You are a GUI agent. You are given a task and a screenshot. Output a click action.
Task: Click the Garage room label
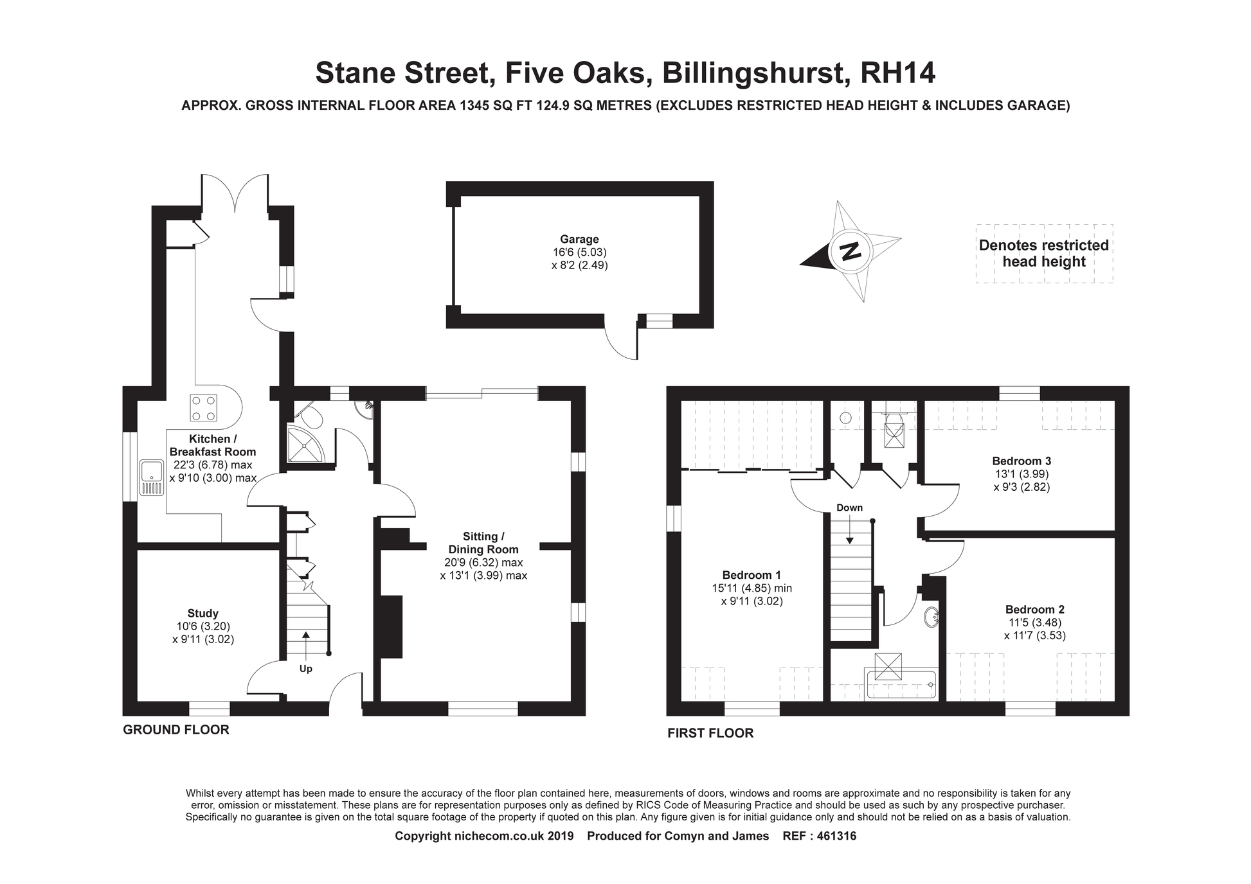click(x=579, y=240)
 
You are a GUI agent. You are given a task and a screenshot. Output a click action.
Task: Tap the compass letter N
click(x=851, y=251)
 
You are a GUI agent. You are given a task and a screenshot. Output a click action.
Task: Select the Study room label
click(x=203, y=614)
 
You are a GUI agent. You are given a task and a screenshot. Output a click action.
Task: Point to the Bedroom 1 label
click(x=751, y=575)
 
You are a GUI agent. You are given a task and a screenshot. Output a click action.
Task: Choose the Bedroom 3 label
click(x=1022, y=461)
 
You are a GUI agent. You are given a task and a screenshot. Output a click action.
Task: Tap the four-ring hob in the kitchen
click(x=203, y=407)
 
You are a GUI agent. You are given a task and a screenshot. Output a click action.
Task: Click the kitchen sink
click(x=152, y=478)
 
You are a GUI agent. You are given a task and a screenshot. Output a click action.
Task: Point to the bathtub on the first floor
click(x=901, y=685)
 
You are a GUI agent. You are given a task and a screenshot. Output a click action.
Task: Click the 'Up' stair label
click(x=306, y=669)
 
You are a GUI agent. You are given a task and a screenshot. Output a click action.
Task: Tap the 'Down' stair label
click(x=849, y=508)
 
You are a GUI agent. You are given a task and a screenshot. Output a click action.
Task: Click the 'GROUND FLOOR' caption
click(x=176, y=730)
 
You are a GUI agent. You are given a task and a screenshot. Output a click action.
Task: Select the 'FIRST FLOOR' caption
click(x=710, y=733)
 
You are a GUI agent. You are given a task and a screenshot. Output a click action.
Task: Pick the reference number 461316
click(x=836, y=836)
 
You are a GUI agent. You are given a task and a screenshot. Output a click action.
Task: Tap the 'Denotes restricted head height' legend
click(x=1044, y=253)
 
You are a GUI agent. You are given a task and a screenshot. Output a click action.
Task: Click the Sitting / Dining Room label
click(x=483, y=543)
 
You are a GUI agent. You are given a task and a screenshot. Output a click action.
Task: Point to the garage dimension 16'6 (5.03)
click(x=579, y=252)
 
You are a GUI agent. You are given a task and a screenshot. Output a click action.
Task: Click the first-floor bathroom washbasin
click(x=931, y=617)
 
